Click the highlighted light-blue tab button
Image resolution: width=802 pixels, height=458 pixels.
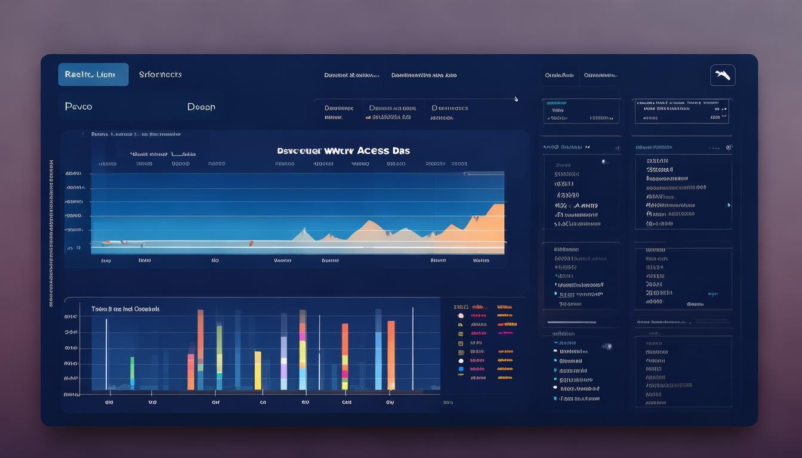tap(93, 75)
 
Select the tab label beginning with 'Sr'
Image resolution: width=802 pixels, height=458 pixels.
tap(160, 75)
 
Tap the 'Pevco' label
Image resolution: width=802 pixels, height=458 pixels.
tap(78, 107)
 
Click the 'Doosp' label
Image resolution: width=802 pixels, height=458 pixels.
tap(201, 107)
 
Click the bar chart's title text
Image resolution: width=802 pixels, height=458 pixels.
tap(125, 309)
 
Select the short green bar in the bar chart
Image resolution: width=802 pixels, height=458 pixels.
tap(132, 373)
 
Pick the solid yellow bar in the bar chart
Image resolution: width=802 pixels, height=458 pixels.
tap(258, 370)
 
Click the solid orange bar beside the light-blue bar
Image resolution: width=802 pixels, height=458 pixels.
tap(391, 355)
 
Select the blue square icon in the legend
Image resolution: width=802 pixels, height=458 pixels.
tap(461, 369)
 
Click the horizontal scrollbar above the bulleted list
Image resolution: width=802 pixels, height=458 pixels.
tap(571, 323)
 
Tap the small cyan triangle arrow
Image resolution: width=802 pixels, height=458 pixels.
tap(729, 205)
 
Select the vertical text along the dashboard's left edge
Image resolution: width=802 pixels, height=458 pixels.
tap(51, 233)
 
